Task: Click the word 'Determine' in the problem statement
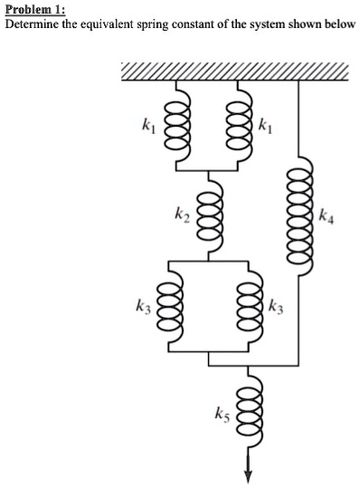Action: [31, 24]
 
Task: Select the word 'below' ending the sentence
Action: [337, 24]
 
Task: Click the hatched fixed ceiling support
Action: [232, 72]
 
